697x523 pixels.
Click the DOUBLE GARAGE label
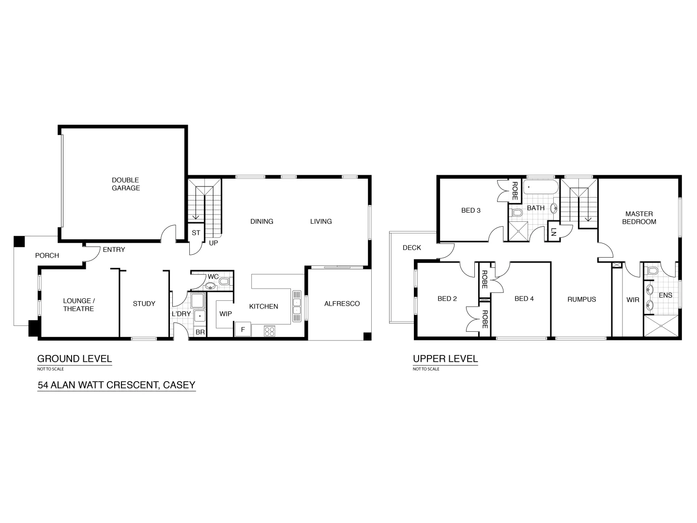click(126, 184)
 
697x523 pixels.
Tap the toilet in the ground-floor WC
click(224, 281)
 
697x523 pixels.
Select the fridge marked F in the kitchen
click(243, 330)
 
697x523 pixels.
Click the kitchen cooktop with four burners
click(270, 331)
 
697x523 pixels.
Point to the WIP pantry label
click(226, 314)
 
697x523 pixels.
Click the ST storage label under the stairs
click(196, 233)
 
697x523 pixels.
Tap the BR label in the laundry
click(199, 333)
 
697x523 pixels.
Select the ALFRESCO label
click(342, 304)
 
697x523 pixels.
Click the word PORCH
click(47, 255)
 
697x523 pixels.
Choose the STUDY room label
click(144, 304)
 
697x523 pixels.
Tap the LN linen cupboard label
click(553, 232)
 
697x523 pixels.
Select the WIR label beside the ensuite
click(633, 300)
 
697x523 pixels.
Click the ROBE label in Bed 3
click(515, 190)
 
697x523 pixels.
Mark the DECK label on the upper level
click(412, 247)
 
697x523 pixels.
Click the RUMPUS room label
click(581, 299)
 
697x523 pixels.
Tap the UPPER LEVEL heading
click(445, 359)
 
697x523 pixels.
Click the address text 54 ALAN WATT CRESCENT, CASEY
click(117, 385)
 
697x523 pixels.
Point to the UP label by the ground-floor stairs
click(213, 243)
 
